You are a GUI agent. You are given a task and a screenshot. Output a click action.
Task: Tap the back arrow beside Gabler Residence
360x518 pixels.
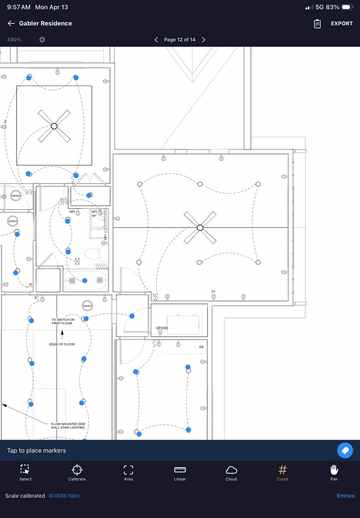pos(11,23)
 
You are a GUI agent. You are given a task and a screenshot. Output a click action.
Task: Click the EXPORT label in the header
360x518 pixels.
pos(342,23)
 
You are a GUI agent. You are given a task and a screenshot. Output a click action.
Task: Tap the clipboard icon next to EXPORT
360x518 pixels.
pos(317,23)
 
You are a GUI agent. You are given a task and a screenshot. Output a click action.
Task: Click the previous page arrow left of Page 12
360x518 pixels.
pos(157,40)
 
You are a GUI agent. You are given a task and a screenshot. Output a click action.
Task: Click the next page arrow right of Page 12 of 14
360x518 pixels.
pos(203,40)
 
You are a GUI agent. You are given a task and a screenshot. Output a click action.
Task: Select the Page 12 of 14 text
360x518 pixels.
pos(180,40)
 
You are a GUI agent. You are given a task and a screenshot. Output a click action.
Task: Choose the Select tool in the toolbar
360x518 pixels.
pos(25,472)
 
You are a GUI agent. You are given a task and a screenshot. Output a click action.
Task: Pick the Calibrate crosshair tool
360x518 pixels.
pos(77,472)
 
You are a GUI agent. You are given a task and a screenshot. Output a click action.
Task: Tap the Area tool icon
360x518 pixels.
pos(128,472)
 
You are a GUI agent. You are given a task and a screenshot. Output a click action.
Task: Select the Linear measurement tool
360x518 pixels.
pos(180,472)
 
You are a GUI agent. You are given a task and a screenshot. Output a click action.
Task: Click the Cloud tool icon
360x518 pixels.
pos(231,472)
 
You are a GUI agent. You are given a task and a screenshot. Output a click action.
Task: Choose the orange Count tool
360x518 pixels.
pos(283,472)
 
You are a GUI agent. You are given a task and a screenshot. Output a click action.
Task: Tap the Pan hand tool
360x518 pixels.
pos(334,472)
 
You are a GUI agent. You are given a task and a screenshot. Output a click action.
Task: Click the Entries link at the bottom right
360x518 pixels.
pos(345,496)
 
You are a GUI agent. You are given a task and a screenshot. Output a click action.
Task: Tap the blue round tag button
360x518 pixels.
pos(345,451)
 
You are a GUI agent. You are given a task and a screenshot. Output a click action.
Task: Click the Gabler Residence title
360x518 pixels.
pos(46,23)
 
